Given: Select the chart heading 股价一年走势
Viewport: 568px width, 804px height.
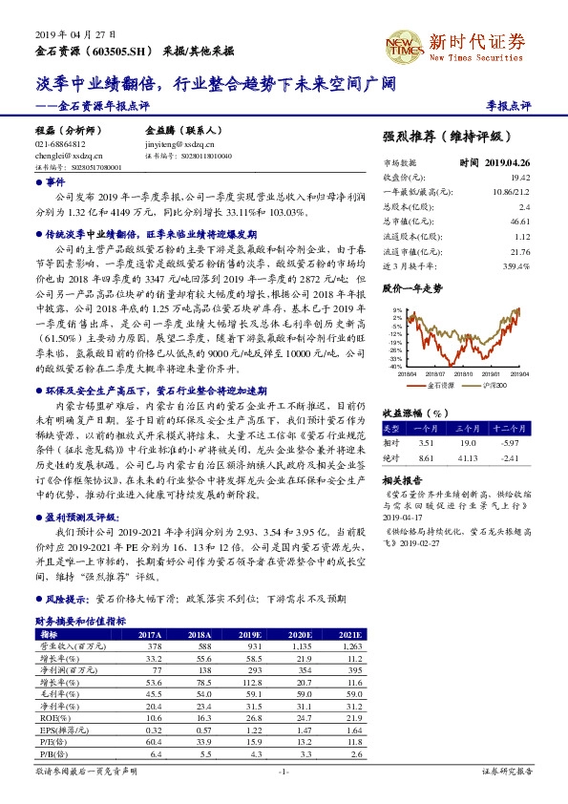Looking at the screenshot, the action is [411, 286].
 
